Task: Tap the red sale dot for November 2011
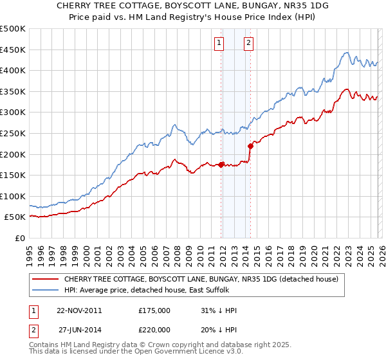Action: coord(221,165)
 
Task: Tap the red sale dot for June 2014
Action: coord(250,146)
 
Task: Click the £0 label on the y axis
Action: coord(19,238)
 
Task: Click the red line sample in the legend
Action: coord(46,279)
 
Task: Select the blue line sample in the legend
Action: coord(46,290)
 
